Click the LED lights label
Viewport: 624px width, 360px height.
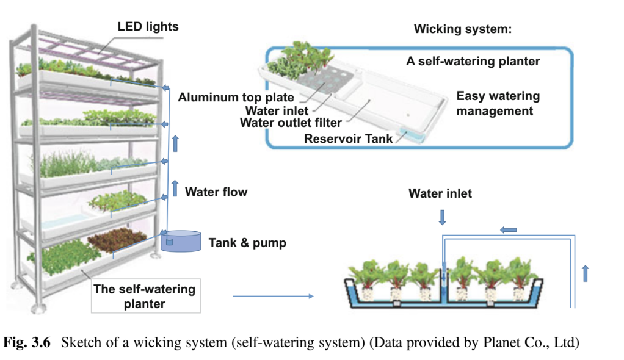tap(148, 26)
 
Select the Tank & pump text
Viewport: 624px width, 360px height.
tap(247, 243)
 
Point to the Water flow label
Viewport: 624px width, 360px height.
tap(216, 192)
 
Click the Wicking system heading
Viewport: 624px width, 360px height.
tap(462, 29)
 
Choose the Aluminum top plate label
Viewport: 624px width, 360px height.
tap(236, 98)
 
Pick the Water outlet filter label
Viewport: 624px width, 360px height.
tap(291, 124)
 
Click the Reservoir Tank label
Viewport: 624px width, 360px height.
tap(348, 139)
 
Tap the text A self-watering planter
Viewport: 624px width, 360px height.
tap(473, 62)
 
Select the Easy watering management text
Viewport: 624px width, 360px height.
tap(498, 104)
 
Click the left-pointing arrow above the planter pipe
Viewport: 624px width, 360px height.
tap(508, 230)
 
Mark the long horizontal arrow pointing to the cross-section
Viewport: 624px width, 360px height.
tap(272, 297)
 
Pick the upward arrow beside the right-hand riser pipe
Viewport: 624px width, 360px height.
tap(586, 273)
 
